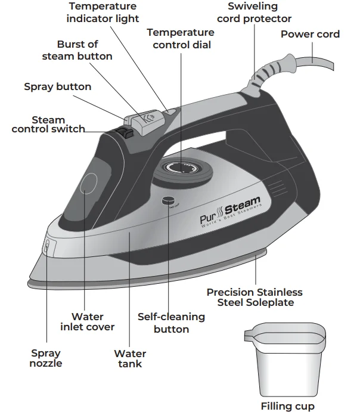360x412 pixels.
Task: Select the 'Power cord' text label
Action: tap(310, 34)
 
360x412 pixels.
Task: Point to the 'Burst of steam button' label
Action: tap(77, 50)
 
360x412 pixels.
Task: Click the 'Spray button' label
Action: tap(57, 86)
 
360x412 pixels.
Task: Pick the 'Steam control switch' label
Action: tap(48, 124)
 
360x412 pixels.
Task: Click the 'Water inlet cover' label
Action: tap(87, 321)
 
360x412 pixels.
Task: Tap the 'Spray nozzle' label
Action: tap(46, 358)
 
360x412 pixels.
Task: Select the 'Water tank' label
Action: tap(130, 358)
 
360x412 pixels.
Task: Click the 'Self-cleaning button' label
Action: tap(171, 323)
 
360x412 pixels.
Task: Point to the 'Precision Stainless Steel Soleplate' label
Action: tap(255, 297)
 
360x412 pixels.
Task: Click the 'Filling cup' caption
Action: tap(287, 406)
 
